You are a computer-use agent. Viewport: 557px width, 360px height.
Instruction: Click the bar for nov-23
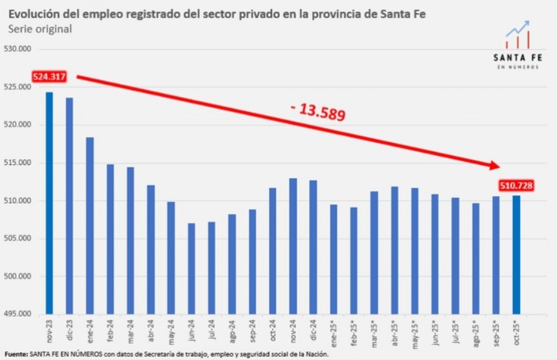(49, 203)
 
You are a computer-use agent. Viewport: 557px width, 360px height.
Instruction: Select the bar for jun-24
(191, 269)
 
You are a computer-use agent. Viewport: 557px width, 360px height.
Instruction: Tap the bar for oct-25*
(516, 255)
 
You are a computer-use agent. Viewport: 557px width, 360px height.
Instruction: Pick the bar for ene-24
(89, 226)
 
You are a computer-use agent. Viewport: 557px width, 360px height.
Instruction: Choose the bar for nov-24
(293, 246)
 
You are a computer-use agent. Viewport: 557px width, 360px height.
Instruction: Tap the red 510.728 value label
(516, 186)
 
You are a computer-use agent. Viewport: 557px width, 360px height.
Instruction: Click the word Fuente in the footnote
(15, 354)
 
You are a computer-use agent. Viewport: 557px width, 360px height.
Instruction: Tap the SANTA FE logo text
(517, 58)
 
